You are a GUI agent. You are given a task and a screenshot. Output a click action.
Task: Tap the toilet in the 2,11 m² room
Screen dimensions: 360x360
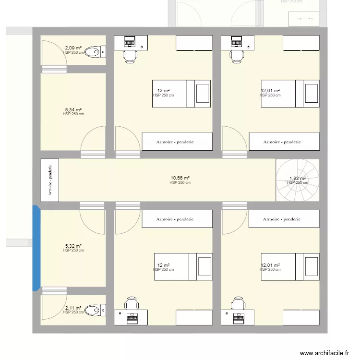(96, 310)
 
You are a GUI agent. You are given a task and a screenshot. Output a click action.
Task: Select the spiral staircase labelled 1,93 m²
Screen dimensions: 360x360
(297, 180)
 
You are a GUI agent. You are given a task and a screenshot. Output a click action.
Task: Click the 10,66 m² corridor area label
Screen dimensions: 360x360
(180, 178)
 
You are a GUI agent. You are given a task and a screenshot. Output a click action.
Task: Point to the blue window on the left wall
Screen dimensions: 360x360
(36, 248)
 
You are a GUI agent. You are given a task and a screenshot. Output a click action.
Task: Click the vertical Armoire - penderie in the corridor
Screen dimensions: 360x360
(49, 180)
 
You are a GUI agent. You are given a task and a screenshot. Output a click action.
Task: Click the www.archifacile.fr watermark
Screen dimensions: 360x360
(324, 353)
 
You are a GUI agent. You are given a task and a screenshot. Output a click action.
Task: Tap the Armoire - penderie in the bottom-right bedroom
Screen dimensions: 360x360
(284, 219)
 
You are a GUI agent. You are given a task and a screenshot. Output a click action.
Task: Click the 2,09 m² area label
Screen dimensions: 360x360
(73, 48)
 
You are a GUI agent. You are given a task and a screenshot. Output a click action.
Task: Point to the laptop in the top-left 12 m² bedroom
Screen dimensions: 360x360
(130, 42)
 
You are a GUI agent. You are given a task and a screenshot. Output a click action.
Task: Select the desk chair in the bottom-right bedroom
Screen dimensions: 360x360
(237, 303)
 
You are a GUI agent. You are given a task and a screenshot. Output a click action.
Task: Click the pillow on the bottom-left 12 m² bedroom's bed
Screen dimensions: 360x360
(204, 267)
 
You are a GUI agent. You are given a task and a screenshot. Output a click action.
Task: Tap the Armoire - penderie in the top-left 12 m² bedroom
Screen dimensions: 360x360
(177, 142)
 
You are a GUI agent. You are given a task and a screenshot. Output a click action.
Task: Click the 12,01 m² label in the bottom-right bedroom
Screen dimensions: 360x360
(270, 265)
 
